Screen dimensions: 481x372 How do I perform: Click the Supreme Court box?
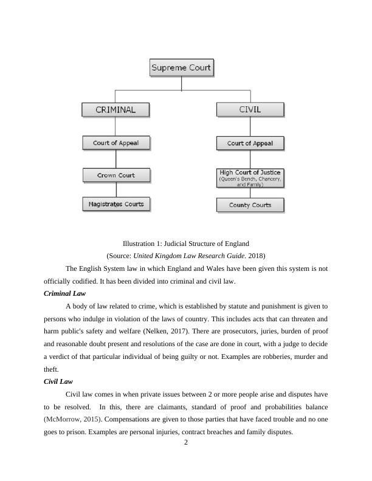pyautogui.click(x=182, y=67)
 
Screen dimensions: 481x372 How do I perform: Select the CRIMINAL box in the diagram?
pyautogui.click(x=115, y=110)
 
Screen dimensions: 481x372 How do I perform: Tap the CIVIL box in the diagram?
pyautogui.click(x=250, y=110)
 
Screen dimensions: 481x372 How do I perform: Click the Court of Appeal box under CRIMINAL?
pyautogui.click(x=115, y=143)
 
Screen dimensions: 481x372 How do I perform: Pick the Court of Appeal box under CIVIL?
pyautogui.click(x=250, y=144)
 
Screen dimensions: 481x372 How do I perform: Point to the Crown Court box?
pyautogui.click(x=115, y=176)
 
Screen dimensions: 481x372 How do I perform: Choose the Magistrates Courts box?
pyautogui.click(x=115, y=204)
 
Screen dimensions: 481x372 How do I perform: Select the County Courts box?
pyautogui.click(x=250, y=205)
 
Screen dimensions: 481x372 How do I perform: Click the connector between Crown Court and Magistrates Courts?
pyautogui.click(x=115, y=189)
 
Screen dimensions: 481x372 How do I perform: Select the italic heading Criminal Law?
pyautogui.click(x=64, y=293)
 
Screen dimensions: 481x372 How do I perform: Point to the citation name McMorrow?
pyautogui.click(x=63, y=420)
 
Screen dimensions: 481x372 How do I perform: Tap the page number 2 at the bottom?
pyautogui.click(x=186, y=442)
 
